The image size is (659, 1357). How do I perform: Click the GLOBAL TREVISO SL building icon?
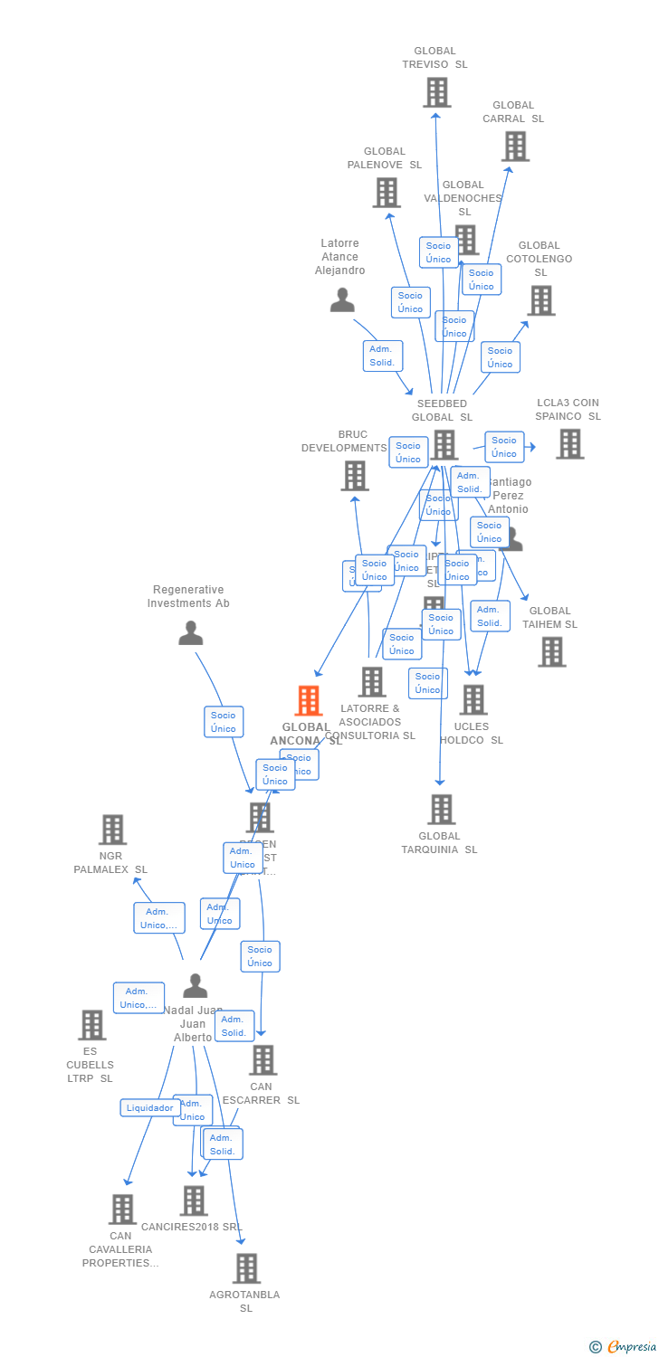[x=437, y=92]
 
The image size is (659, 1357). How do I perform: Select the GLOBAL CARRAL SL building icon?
[x=515, y=147]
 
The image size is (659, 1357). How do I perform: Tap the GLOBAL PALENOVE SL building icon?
[x=387, y=193]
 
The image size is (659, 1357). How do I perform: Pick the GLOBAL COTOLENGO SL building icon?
[x=540, y=300]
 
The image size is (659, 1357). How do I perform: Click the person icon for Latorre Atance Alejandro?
[x=342, y=300]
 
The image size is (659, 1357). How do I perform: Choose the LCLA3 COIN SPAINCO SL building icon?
[x=569, y=444]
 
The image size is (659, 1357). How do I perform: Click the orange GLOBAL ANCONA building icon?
[x=309, y=701]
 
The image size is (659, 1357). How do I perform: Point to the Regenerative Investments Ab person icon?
[x=190, y=633]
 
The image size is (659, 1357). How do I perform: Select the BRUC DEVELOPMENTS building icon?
[x=355, y=476]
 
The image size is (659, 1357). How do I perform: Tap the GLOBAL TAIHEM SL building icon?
[x=551, y=652]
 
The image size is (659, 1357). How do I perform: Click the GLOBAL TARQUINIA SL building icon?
[x=441, y=810]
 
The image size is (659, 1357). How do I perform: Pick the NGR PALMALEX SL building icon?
[x=112, y=830]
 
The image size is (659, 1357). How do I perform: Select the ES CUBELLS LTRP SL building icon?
[x=91, y=1026]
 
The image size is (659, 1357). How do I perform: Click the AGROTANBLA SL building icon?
[x=246, y=1269]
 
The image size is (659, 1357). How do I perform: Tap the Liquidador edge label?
[x=149, y=1108]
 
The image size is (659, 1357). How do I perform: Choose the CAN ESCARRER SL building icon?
[x=263, y=1060]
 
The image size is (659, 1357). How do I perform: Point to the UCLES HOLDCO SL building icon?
[x=473, y=700]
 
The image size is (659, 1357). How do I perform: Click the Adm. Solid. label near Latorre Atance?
[x=382, y=356]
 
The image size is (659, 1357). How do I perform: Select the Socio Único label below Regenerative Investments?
[x=223, y=722]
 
